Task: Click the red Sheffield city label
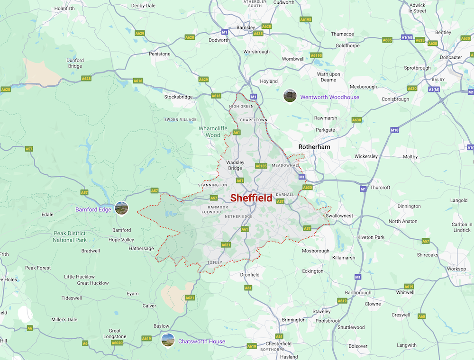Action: [251, 198]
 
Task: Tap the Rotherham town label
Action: [314, 147]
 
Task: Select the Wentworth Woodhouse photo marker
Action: [290, 96]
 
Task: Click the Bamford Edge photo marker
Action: [122, 208]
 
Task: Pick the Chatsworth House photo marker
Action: [168, 340]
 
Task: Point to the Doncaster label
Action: [450, 57]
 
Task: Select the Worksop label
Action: [456, 269]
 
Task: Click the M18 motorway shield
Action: [395, 130]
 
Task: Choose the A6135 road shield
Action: [261, 166]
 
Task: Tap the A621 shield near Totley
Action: [226, 245]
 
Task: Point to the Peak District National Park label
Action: [70, 237]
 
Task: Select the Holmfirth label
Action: [65, 9]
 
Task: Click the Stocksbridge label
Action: [178, 97]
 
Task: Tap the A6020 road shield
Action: [117, 342]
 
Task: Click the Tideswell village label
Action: [72, 298]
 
